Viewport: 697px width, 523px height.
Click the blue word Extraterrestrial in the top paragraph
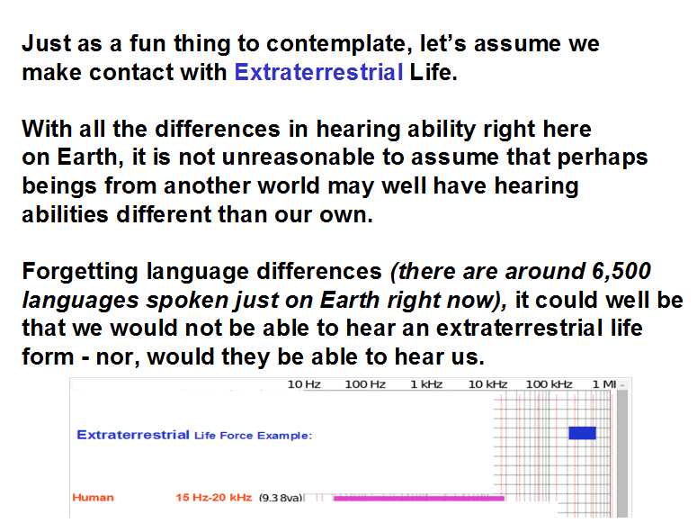pyautogui.click(x=318, y=72)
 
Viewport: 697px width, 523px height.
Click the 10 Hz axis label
pyautogui.click(x=304, y=384)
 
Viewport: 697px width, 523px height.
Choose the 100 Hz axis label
pyautogui.click(x=365, y=384)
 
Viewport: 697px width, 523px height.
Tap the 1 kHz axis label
pyautogui.click(x=426, y=384)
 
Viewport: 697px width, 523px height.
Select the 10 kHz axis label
pyautogui.click(x=487, y=384)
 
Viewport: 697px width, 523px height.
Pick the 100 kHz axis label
pyautogui.click(x=549, y=384)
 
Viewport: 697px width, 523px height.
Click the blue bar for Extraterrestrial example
pyautogui.click(x=582, y=433)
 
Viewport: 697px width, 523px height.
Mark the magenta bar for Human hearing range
pyautogui.click(x=419, y=498)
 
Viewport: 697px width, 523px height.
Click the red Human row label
pyautogui.click(x=93, y=497)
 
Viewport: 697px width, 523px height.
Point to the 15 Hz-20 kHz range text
pyautogui.click(x=214, y=497)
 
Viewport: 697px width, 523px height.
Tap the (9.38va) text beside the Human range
pyautogui.click(x=281, y=498)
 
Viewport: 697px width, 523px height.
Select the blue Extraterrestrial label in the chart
pyautogui.click(x=133, y=435)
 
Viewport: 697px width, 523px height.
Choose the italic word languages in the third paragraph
pyautogui.click(x=81, y=301)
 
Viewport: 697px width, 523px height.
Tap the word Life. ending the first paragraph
pyautogui.click(x=433, y=72)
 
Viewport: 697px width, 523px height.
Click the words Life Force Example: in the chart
pyautogui.click(x=254, y=436)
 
